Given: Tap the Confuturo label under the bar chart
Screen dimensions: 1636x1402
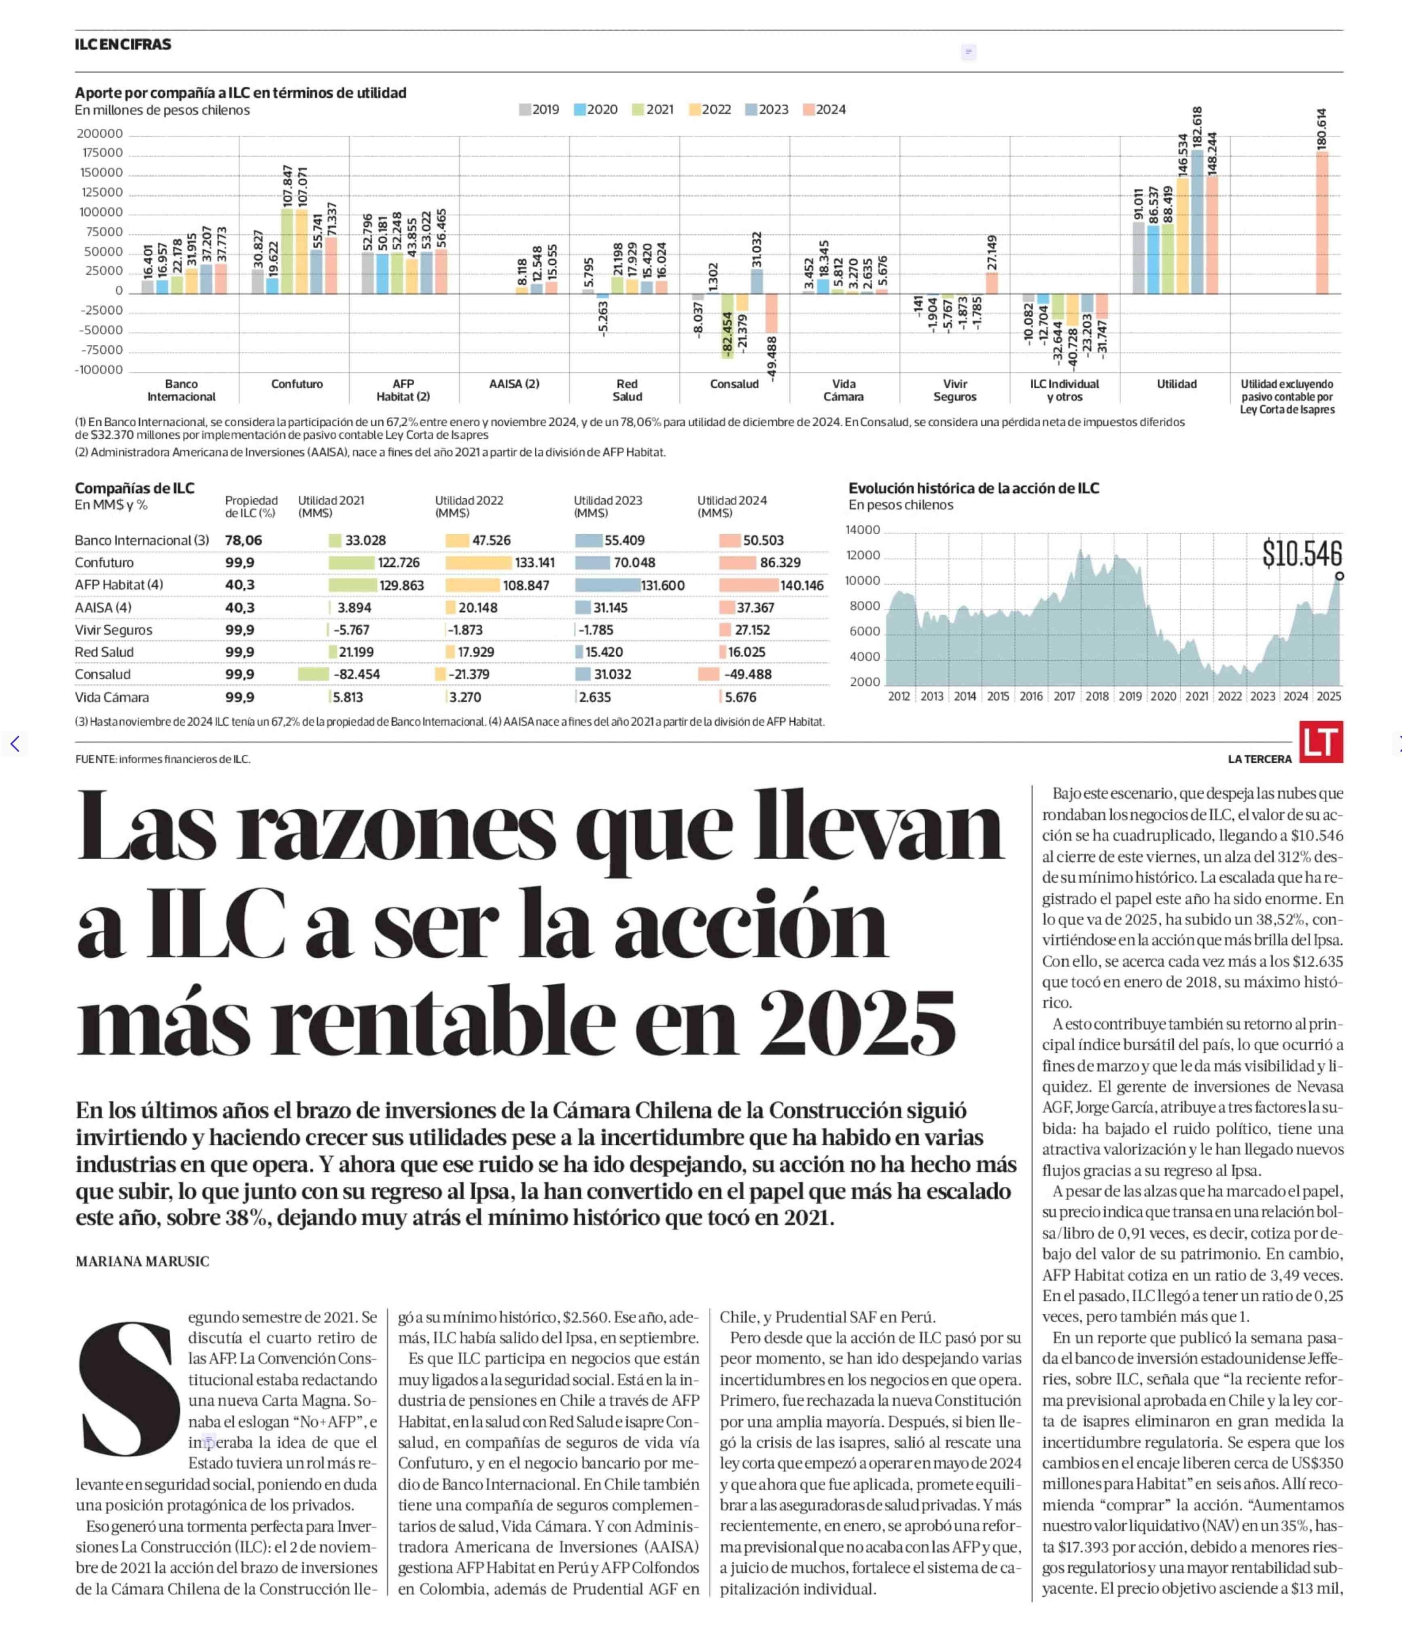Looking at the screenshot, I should (x=297, y=385).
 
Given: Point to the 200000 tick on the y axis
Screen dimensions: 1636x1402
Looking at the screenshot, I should (x=100, y=134).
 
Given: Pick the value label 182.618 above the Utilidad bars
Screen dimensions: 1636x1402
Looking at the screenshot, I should (x=1197, y=126).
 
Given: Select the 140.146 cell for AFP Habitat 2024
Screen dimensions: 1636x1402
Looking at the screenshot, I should (x=802, y=586).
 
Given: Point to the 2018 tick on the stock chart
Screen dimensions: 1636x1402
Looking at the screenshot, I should (x=1097, y=697).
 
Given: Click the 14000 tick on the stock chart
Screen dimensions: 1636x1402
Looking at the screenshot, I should (x=863, y=530).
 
